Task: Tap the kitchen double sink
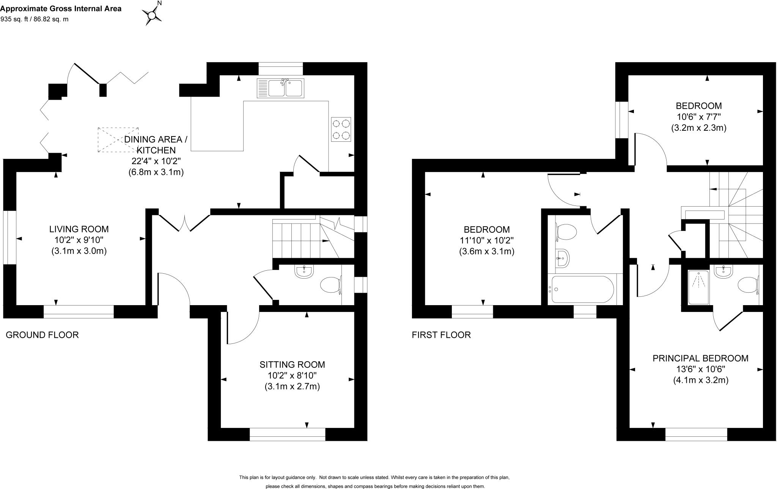(280, 88)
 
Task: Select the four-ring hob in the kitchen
(341, 129)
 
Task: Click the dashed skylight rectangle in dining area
(118, 139)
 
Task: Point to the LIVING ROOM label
(79, 229)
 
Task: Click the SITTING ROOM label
(292, 365)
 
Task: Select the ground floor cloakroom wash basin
(304, 271)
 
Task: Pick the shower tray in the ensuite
(698, 287)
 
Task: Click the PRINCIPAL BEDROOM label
(700, 358)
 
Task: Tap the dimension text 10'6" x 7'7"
(698, 117)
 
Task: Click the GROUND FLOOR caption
(42, 335)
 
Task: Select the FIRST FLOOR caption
(441, 335)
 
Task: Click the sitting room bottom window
(287, 434)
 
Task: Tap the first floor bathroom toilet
(566, 232)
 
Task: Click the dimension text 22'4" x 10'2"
(156, 161)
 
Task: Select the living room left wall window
(9, 237)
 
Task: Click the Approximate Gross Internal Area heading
(61, 8)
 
